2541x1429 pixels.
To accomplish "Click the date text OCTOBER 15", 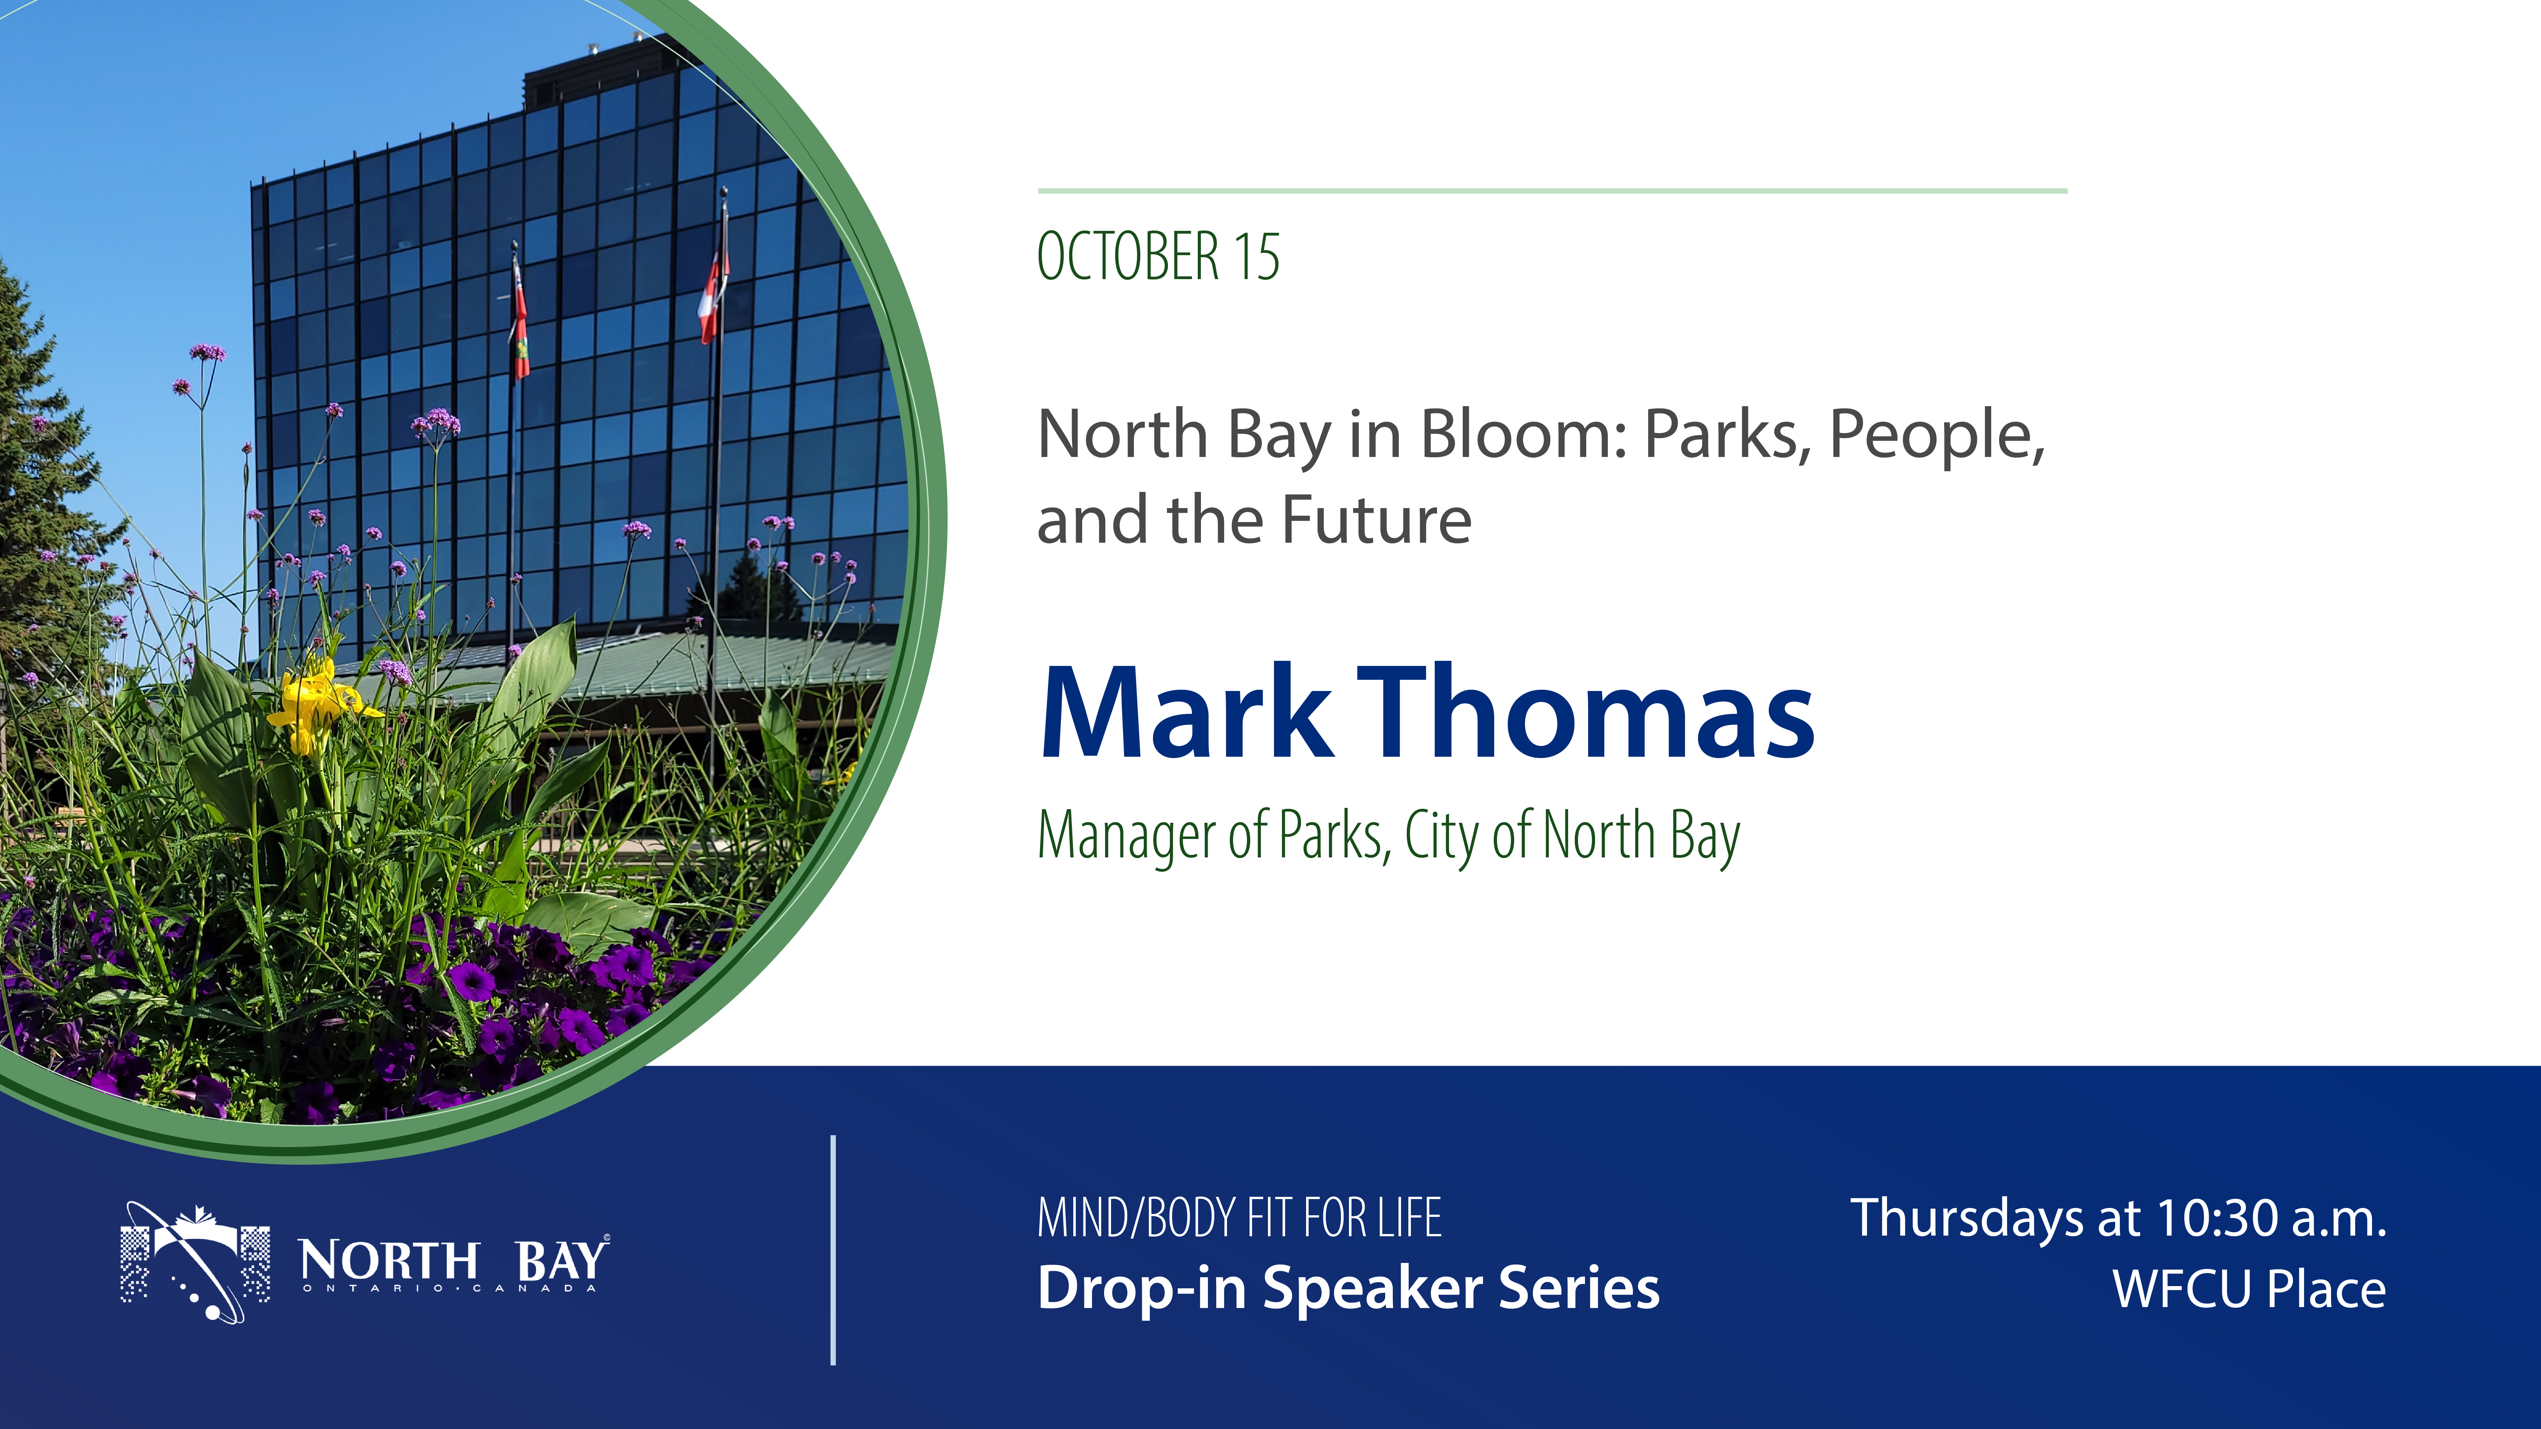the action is coord(1158,256).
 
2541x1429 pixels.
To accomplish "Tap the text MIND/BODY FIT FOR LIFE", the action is coord(1239,1218).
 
